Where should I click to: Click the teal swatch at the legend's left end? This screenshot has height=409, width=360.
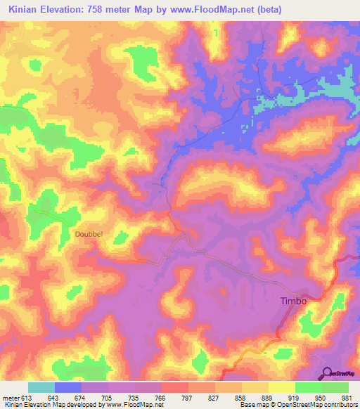pos(41,387)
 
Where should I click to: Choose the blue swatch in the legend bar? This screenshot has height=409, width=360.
pos(68,387)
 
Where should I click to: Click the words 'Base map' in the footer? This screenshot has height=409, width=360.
pos(252,405)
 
